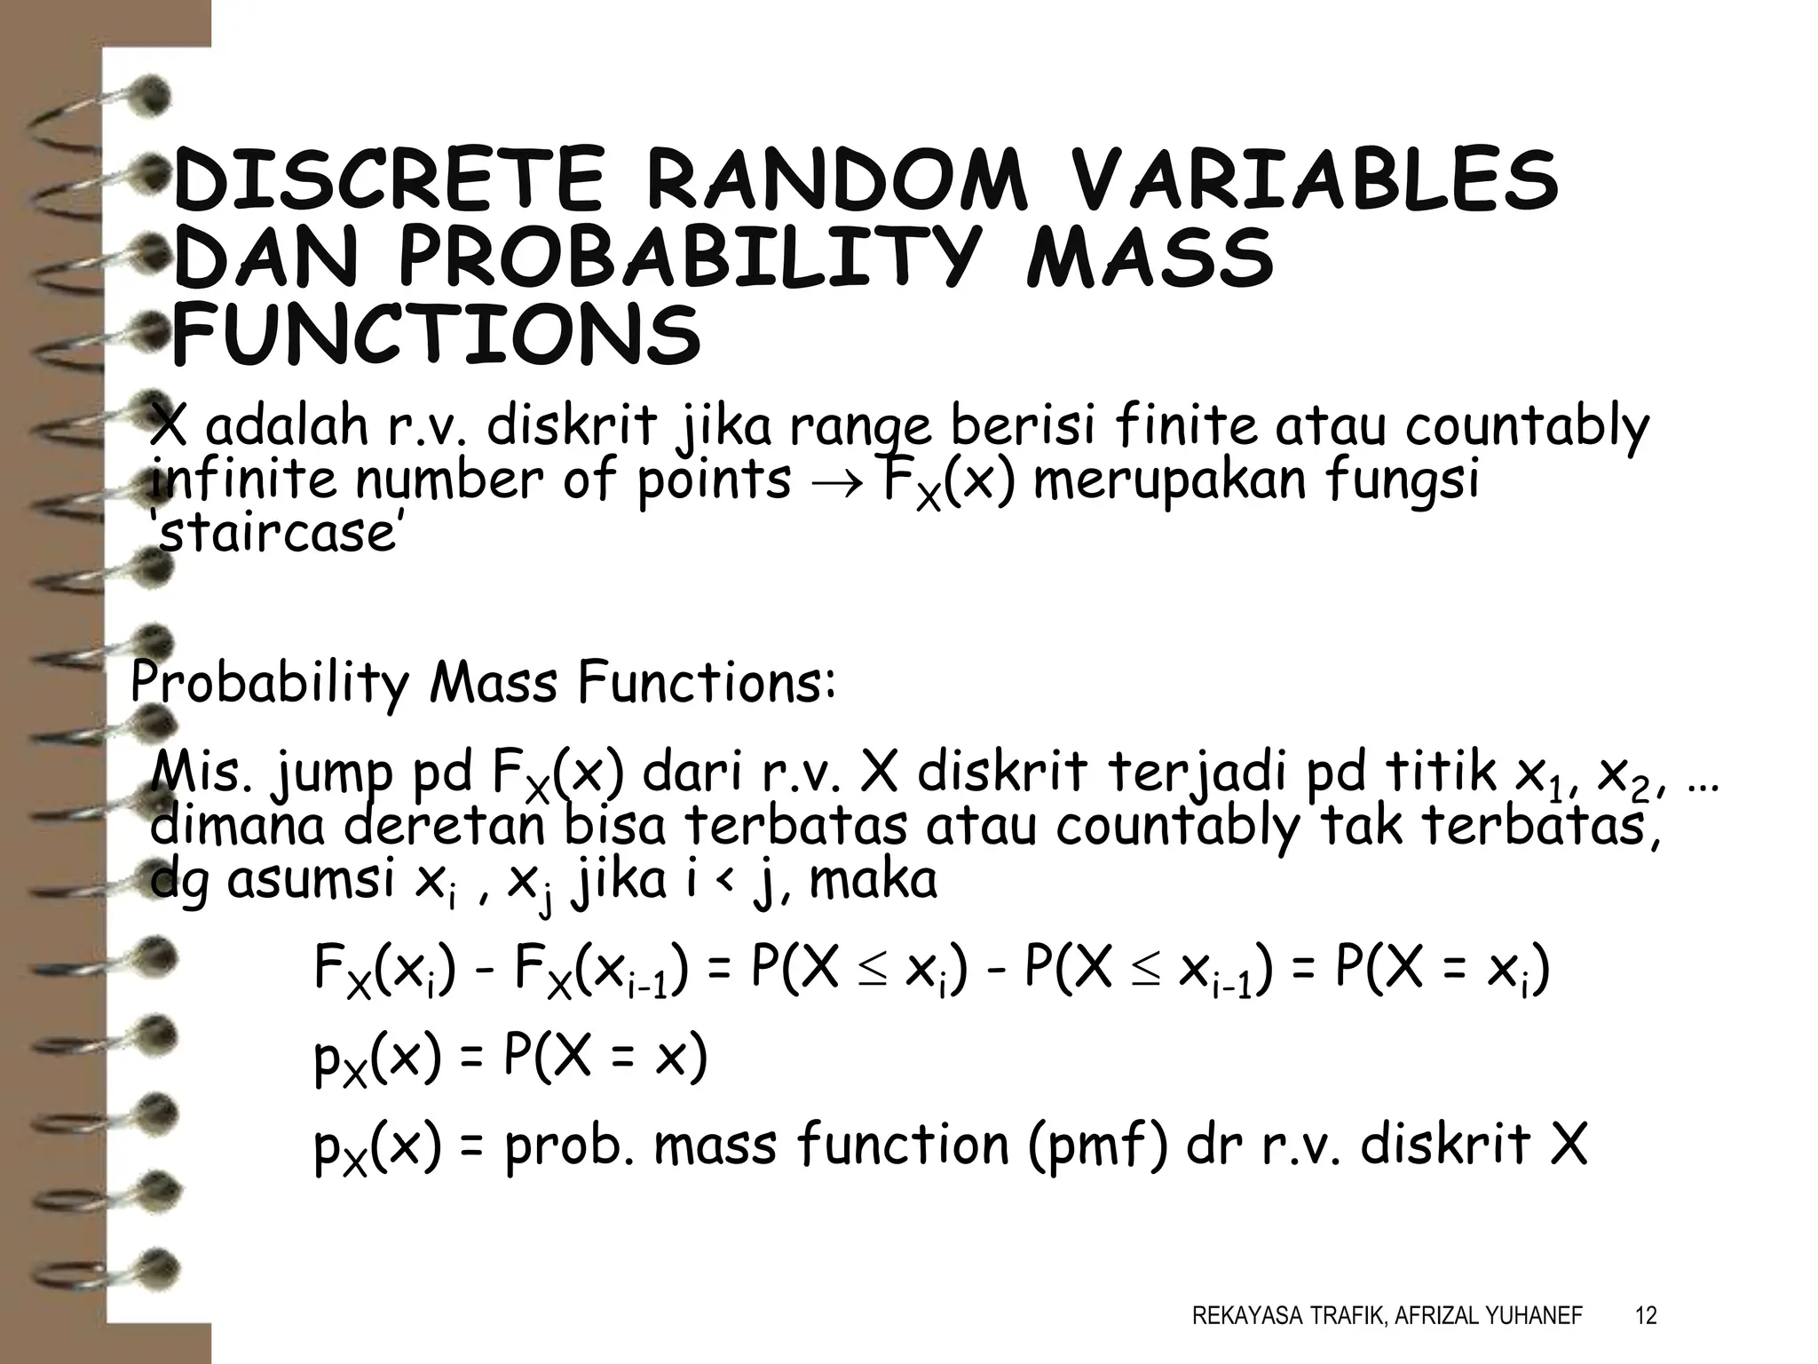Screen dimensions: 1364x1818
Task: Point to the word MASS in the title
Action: click(x=1150, y=259)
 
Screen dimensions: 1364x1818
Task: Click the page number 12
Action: click(x=1645, y=1315)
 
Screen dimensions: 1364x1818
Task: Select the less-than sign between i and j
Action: click(x=724, y=881)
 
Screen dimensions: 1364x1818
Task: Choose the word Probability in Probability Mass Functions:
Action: click(x=270, y=684)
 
